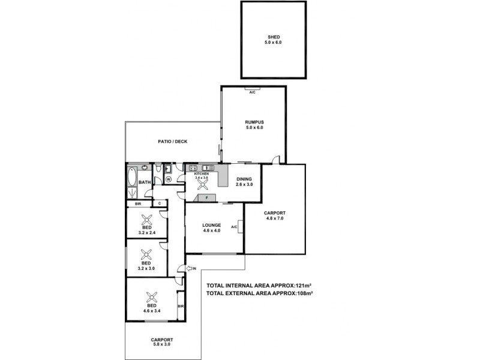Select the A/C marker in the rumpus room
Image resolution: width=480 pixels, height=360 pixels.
click(x=253, y=92)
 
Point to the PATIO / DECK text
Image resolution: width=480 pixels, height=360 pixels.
click(x=173, y=142)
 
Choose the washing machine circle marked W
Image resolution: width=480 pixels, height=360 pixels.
click(x=168, y=179)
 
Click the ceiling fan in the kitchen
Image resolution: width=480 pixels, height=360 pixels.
click(x=202, y=184)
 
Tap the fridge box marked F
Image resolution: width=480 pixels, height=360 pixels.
click(x=206, y=197)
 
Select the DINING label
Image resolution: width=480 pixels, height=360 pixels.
click(x=244, y=179)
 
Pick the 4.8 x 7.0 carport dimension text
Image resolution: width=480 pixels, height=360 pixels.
click(x=275, y=218)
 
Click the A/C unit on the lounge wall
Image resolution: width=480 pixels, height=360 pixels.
click(x=240, y=227)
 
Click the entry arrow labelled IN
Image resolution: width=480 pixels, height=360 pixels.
click(x=190, y=269)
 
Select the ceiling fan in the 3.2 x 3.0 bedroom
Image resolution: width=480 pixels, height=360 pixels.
click(x=146, y=253)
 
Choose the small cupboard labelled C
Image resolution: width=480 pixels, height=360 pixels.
click(x=160, y=204)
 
